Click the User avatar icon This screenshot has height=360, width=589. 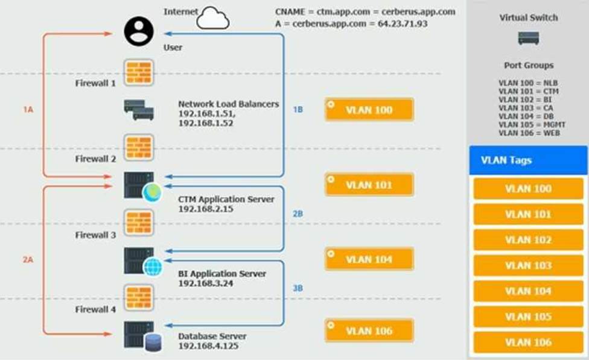click(x=139, y=31)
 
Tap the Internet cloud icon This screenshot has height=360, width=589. click(x=212, y=18)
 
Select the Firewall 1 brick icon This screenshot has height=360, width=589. click(x=139, y=72)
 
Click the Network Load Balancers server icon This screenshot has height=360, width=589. click(x=139, y=110)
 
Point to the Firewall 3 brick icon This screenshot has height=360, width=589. click(x=139, y=223)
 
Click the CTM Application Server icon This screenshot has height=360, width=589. click(x=143, y=186)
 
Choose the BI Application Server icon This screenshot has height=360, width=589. click(x=144, y=261)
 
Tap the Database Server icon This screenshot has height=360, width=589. click(x=143, y=336)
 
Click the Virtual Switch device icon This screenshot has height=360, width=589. click(x=529, y=38)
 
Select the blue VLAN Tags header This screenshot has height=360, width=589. click(x=528, y=160)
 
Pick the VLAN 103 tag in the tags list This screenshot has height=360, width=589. click(x=528, y=265)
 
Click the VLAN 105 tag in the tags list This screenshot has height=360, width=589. click(x=528, y=317)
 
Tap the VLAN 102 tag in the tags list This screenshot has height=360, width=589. click(x=528, y=240)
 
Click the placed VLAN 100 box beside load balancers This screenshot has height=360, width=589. click(x=369, y=110)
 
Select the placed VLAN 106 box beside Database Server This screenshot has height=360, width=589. click(x=369, y=330)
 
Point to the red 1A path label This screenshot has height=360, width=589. click(x=28, y=110)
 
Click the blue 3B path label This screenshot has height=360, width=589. click(x=298, y=288)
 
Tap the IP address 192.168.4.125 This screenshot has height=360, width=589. click(x=208, y=346)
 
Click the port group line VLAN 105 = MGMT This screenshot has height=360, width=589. click(x=532, y=125)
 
